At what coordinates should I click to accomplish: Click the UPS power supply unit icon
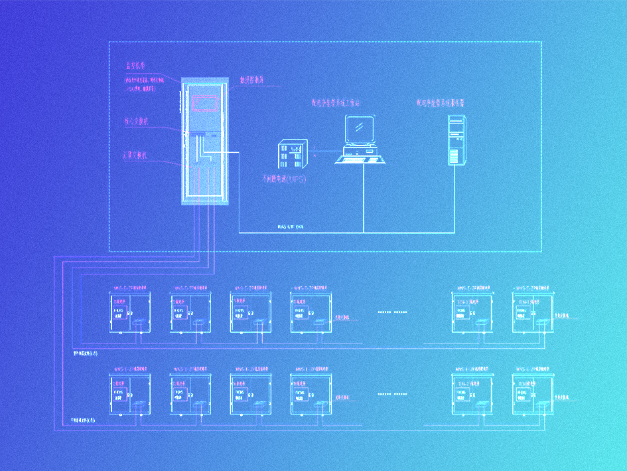coord(290,155)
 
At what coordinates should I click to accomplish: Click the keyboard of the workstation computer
coord(361,157)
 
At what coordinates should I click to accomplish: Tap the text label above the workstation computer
coord(336,103)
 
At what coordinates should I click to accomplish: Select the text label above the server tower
coord(440,103)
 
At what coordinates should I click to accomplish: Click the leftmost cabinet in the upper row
coord(129,312)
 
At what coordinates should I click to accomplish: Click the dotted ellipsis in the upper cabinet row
coord(393,311)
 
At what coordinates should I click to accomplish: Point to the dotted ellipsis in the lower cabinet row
coord(393,394)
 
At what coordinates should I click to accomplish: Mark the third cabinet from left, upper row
coord(250,312)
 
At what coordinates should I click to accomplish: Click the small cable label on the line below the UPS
coord(290,227)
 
